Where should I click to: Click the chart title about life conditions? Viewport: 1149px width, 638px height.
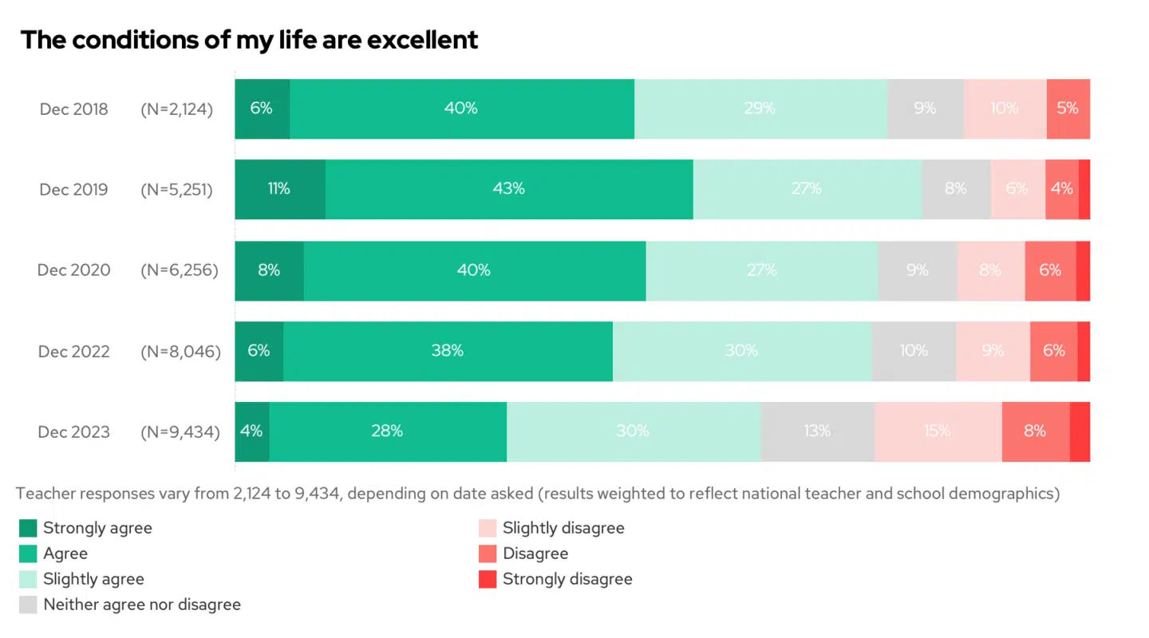tap(249, 40)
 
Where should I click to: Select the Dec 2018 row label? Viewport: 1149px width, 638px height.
tap(73, 109)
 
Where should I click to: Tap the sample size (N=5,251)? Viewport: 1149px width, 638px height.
tap(177, 190)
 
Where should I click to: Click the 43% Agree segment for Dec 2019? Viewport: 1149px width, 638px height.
tap(509, 189)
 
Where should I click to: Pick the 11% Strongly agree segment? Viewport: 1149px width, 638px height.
tap(279, 189)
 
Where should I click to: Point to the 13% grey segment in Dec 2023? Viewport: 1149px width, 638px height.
tap(817, 431)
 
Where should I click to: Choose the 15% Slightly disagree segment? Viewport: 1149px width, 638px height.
tap(937, 431)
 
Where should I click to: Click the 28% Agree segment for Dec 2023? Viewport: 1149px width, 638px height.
tap(387, 431)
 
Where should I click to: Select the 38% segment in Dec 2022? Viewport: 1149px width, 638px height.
tap(448, 351)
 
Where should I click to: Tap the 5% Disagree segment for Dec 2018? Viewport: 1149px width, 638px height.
tap(1068, 108)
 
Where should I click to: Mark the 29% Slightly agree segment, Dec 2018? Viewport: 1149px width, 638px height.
tap(760, 108)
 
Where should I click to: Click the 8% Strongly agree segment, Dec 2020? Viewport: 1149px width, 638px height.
tap(269, 270)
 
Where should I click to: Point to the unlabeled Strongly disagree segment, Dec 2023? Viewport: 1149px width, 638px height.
tap(1080, 431)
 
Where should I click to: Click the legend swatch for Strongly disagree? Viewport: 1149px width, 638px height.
tap(487, 579)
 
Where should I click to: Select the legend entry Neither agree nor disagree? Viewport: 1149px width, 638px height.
tap(141, 605)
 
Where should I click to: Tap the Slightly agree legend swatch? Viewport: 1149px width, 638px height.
tap(28, 579)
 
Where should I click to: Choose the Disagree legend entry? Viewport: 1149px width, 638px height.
tap(535, 553)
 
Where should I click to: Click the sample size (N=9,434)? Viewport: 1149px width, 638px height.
tap(180, 432)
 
